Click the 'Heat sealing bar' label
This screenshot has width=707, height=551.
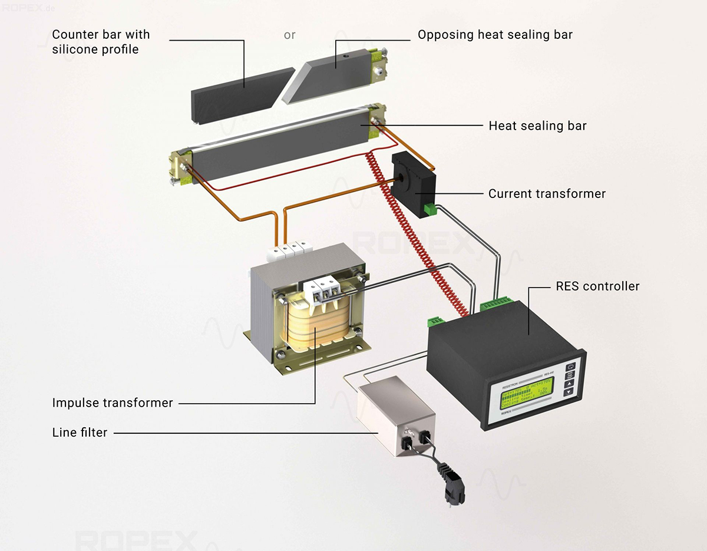point(537,126)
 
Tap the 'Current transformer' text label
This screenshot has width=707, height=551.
point(547,193)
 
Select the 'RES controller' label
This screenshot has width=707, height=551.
point(597,286)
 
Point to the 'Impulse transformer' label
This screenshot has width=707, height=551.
point(113,403)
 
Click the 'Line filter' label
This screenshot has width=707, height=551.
point(80,433)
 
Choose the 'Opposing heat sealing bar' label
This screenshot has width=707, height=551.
point(495,35)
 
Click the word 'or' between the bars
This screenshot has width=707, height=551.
point(289,35)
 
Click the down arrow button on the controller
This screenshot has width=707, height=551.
point(570,394)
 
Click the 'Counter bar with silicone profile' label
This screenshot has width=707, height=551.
point(101,42)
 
